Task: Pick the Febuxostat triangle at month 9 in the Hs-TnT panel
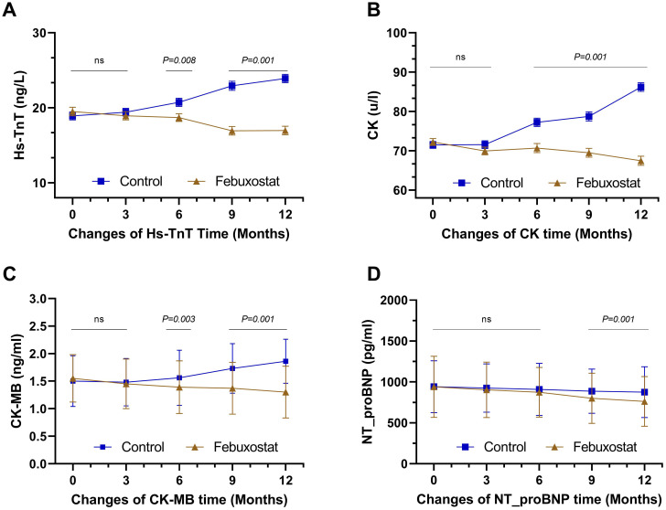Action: tap(232, 131)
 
